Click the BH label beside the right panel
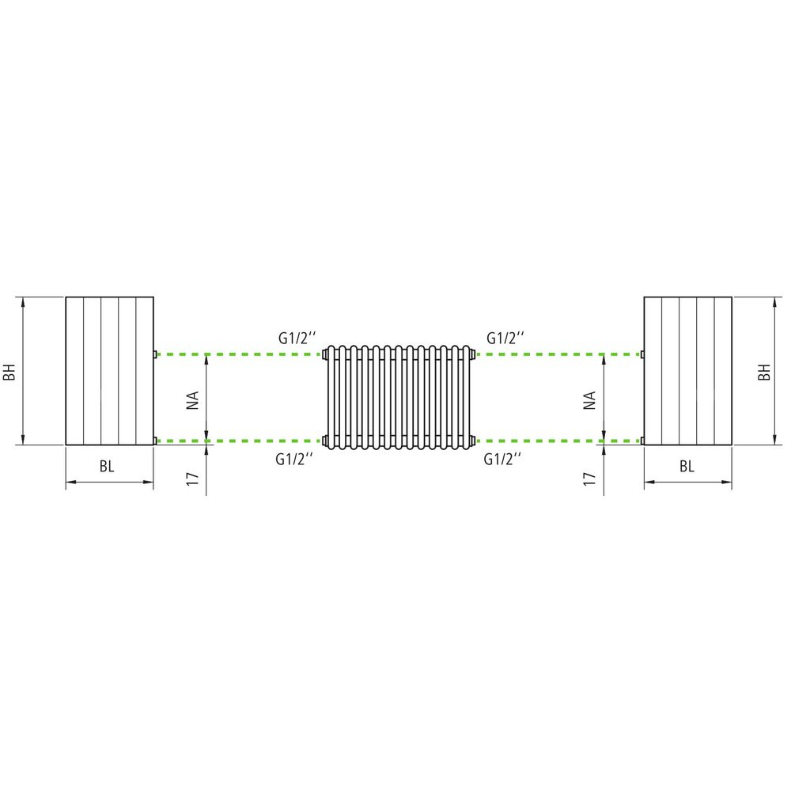point(765,372)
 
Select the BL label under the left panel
point(107,467)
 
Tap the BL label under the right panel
point(687,467)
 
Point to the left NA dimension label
point(193,400)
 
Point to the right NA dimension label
point(590,400)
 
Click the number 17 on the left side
point(193,479)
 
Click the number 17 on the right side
point(590,479)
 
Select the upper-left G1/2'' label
point(297,338)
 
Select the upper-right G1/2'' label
point(505,338)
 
